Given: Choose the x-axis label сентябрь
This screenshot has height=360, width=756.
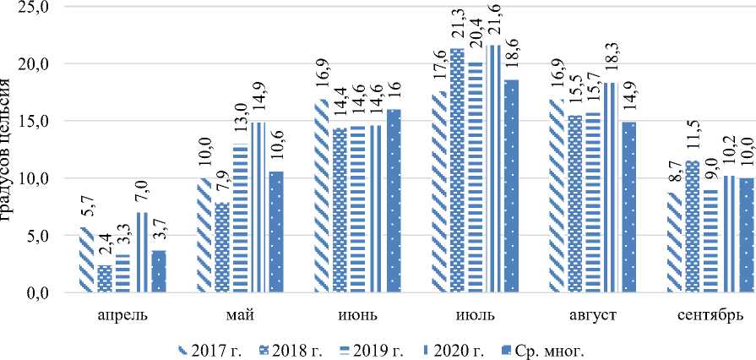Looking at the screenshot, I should point(710,316).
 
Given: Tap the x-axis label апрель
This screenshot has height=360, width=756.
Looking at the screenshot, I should point(122,316).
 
